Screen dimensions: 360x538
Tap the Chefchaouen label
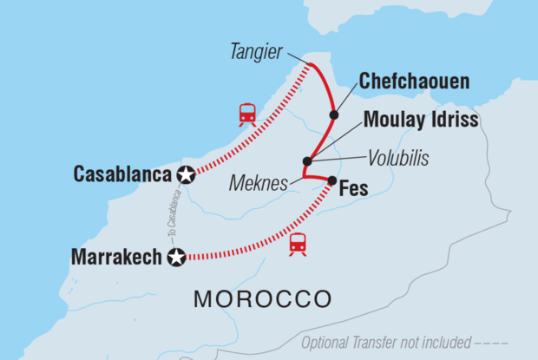pyautogui.click(x=414, y=82)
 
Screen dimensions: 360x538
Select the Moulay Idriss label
pyautogui.click(x=421, y=120)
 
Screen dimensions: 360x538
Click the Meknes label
pyautogui.click(x=257, y=184)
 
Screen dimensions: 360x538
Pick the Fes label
pyautogui.click(x=354, y=187)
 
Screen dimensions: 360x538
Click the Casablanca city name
pyautogui.click(x=122, y=173)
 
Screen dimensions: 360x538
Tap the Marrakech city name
pyautogui.click(x=116, y=258)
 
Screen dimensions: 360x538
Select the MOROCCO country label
pyautogui.click(x=262, y=300)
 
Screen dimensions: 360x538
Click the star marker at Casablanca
pyautogui.click(x=185, y=174)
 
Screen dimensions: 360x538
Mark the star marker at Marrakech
pyautogui.click(x=177, y=258)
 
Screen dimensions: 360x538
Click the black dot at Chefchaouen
pyautogui.click(x=333, y=115)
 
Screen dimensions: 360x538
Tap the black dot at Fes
pyautogui.click(x=331, y=180)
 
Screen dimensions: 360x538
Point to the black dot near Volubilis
pyautogui.click(x=306, y=161)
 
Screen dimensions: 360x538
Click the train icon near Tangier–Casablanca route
pyautogui.click(x=247, y=114)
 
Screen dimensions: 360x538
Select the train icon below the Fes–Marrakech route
pyautogui.click(x=298, y=244)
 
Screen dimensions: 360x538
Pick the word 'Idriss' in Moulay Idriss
pyautogui.click(x=452, y=120)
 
